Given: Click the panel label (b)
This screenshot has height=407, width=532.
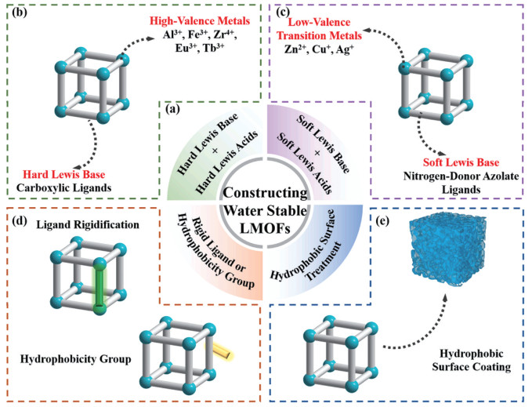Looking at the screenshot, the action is click(20, 14).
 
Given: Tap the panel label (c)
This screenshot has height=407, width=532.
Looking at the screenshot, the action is click(283, 13).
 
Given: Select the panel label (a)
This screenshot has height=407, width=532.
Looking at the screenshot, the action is click(172, 109).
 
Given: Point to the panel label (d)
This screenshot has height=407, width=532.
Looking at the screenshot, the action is click(20, 221).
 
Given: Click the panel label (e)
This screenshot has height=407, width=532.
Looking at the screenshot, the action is click(382, 221).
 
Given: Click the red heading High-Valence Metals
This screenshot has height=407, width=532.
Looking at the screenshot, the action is click(200, 21).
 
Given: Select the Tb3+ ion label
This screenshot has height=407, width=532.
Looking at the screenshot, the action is click(214, 48).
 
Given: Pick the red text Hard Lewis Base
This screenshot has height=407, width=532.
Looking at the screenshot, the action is click(64, 174).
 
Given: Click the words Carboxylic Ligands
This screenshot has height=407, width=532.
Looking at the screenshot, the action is click(64, 187).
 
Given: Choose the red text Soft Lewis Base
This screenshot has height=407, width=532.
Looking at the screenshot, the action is click(461, 162).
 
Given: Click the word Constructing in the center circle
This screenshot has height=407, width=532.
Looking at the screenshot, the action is click(266, 193).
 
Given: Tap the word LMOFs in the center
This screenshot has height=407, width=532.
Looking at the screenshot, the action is click(266, 228).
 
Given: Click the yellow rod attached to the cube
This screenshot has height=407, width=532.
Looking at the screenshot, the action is click(219, 351).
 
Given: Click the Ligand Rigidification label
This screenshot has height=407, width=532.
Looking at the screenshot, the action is click(88, 225).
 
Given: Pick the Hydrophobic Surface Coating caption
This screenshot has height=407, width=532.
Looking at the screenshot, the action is click(472, 360).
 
